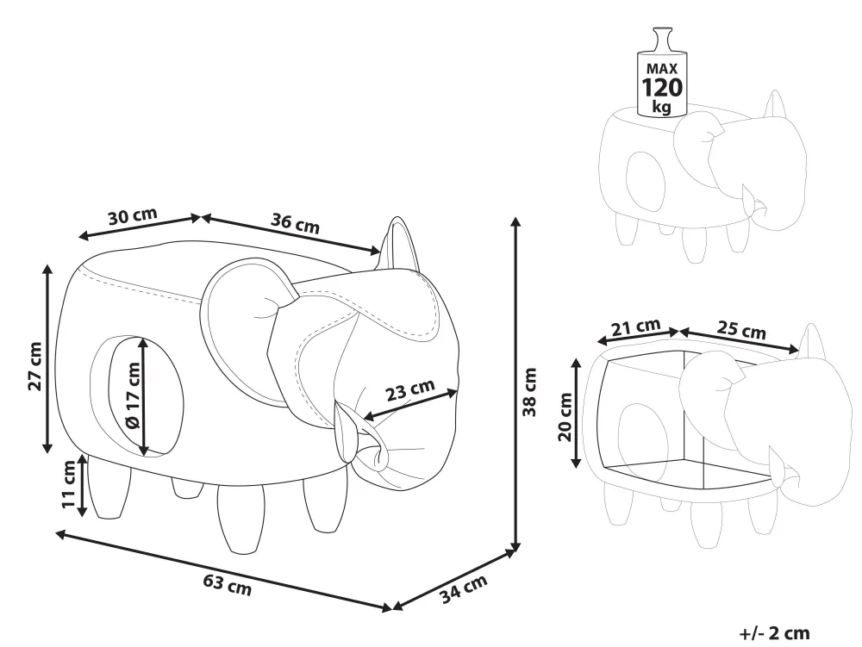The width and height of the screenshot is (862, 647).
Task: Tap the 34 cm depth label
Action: (464, 588)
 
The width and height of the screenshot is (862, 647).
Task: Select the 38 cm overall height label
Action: (529, 392)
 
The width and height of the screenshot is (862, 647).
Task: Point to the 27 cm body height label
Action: (35, 366)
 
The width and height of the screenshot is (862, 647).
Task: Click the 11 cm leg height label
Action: (69, 484)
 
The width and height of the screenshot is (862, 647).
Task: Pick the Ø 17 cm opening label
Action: (133, 395)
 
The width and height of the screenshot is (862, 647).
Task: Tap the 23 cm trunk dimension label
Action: (409, 390)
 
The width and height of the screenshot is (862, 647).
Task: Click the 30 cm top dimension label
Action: (133, 216)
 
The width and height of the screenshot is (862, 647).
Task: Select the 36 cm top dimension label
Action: (295, 223)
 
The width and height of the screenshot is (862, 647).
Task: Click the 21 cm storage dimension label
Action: (635, 327)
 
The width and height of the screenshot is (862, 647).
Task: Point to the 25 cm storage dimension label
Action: (741, 330)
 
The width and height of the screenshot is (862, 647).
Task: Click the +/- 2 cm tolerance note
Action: (775, 633)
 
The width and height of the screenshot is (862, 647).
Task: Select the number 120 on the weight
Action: (662, 87)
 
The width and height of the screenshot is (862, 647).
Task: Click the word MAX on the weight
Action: (662, 69)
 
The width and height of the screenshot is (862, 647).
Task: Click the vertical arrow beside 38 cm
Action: (515, 384)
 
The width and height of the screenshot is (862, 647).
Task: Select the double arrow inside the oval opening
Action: (143, 396)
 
